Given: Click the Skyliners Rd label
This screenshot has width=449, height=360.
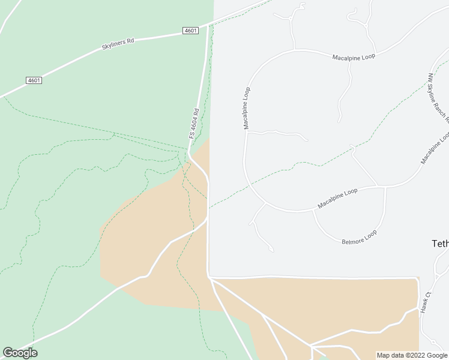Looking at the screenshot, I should point(118,42).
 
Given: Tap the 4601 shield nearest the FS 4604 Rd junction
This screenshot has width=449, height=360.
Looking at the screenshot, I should point(191,31).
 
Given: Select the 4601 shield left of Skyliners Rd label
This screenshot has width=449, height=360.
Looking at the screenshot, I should point(34,80).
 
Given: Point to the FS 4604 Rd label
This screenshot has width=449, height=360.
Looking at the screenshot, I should point(194,124).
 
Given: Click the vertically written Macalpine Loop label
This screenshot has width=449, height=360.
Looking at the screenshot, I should point(246,109).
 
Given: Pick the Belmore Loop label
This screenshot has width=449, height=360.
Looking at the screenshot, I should point(359,237).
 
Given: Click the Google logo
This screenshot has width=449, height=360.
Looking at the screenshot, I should point(20,353).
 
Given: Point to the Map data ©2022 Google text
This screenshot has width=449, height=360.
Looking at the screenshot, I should point(412,355).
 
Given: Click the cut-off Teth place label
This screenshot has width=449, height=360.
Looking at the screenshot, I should point(440,244).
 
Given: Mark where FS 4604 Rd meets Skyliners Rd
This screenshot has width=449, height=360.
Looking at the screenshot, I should point(208,25).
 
